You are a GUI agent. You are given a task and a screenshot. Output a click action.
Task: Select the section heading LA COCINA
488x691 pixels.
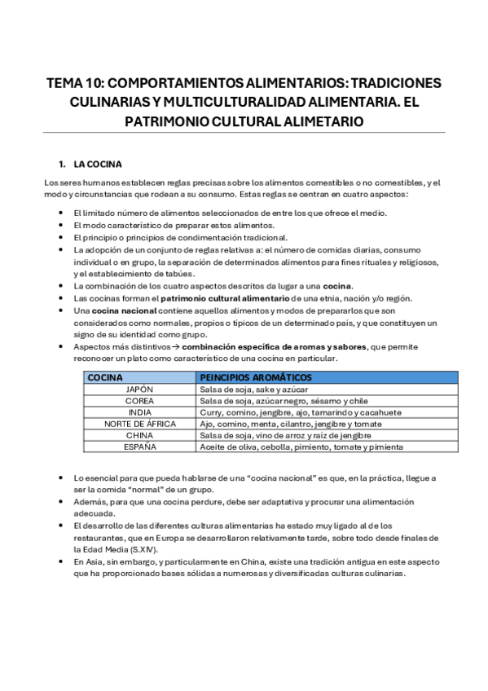[x=97, y=163]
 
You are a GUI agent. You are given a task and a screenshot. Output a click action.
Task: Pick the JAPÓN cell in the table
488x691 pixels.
[x=139, y=390]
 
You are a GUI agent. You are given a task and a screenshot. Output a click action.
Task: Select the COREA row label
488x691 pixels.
[x=139, y=401]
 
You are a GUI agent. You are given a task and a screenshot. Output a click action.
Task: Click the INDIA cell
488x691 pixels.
[x=139, y=412]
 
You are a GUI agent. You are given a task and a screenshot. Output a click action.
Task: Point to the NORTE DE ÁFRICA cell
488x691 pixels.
[x=139, y=424]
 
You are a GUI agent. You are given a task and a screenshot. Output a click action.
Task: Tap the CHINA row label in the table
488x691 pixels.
[x=139, y=435]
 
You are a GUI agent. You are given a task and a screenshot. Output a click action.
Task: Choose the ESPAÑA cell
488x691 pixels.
[x=139, y=447]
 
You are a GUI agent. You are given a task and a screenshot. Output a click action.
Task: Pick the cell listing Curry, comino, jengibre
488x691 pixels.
[x=297, y=412]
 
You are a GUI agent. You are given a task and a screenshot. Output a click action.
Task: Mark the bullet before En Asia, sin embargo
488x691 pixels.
[x=64, y=561]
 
